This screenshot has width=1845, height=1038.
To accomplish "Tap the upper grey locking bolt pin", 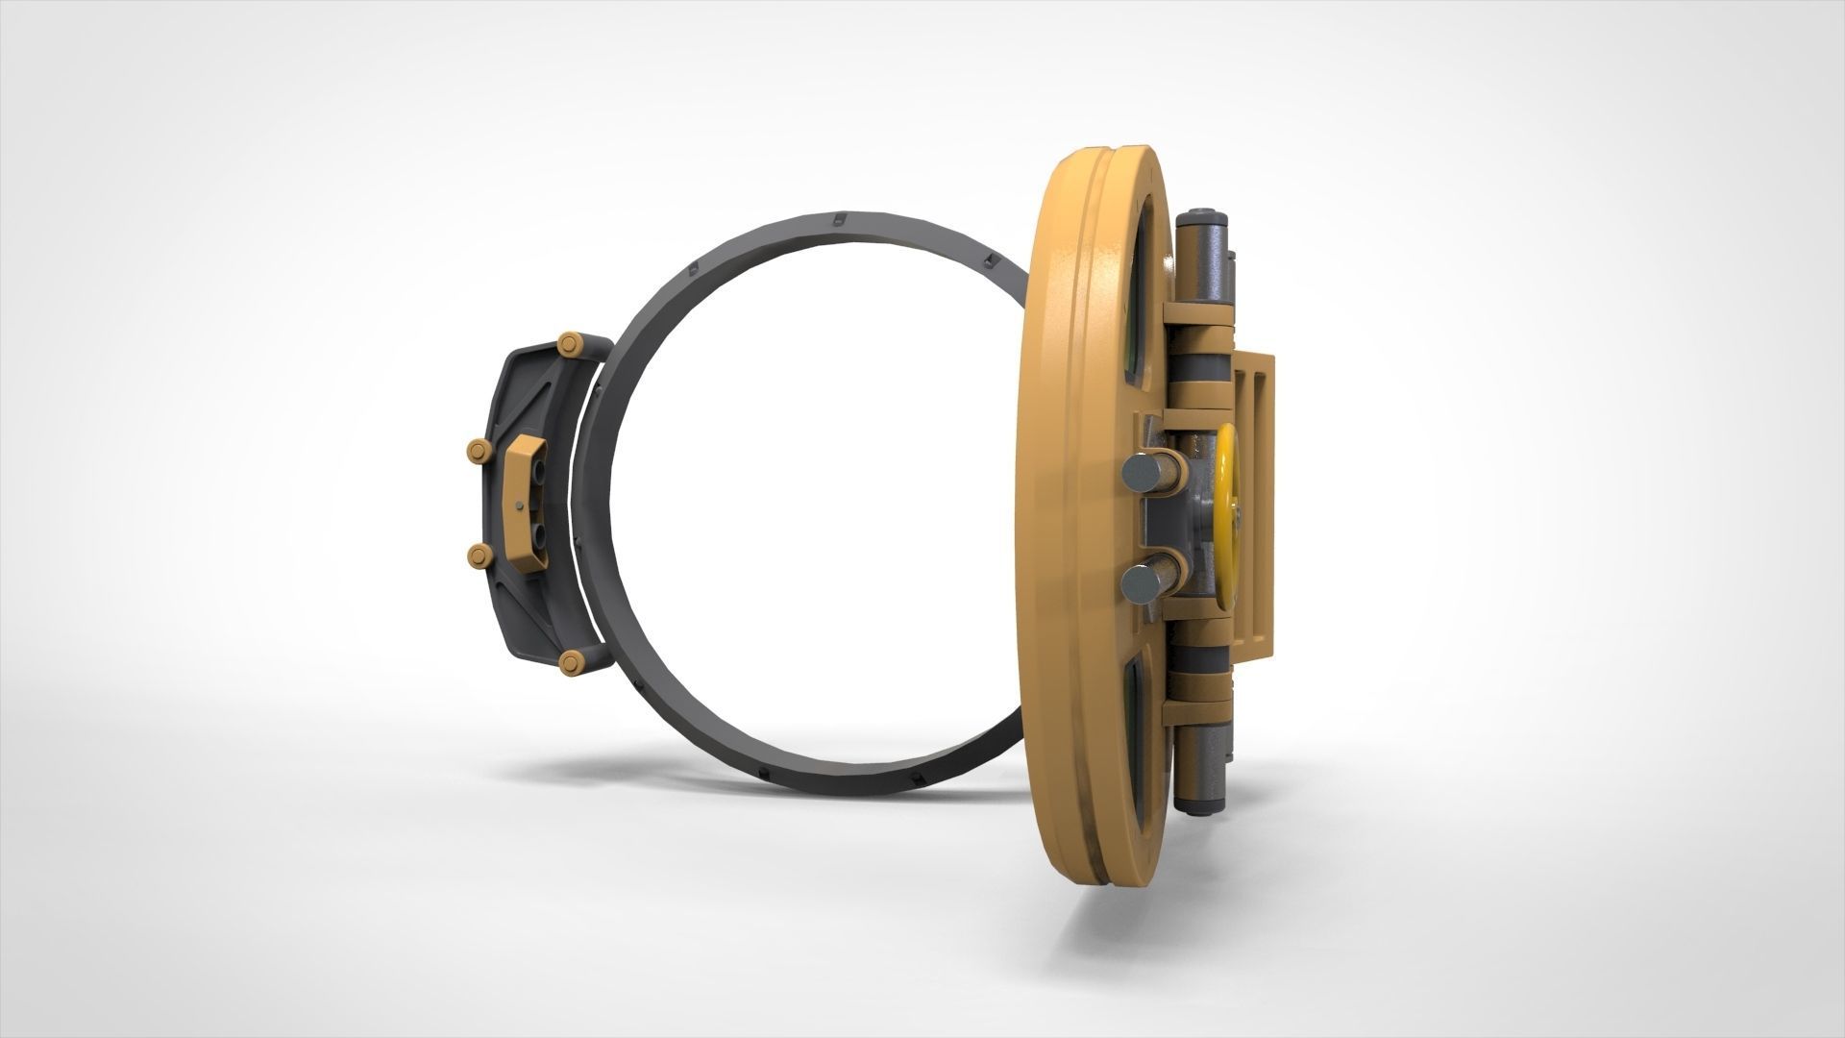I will (x=1140, y=473).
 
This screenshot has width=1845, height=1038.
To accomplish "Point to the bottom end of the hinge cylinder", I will (x=1199, y=779).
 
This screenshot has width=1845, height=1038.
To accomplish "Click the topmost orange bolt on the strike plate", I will (x=571, y=343).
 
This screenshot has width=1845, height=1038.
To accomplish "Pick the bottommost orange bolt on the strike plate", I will (x=571, y=660).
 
